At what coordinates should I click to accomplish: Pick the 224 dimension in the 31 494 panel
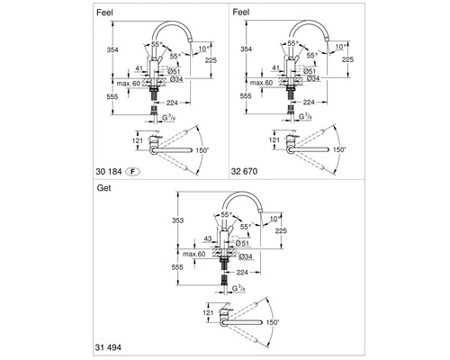[x=242, y=271]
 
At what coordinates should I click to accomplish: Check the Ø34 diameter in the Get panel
[x=247, y=256]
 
